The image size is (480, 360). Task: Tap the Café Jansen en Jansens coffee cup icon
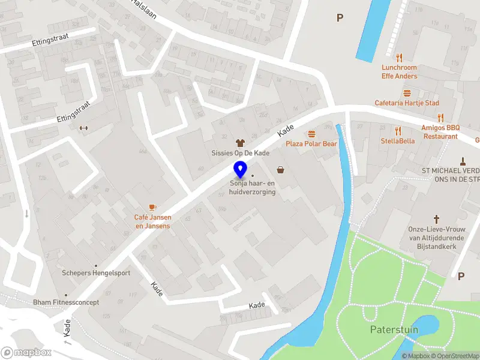pos(152,207)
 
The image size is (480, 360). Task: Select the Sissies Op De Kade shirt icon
pos(241,143)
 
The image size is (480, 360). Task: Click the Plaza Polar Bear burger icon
pos(311,134)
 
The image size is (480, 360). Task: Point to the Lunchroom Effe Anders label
pos(399,72)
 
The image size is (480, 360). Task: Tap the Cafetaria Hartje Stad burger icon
pos(407,93)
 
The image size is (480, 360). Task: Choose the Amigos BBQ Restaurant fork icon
pos(440,118)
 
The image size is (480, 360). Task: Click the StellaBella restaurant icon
pos(398,131)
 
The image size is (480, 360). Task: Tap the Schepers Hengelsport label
pos(96,273)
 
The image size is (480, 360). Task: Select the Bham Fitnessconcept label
pos(66,302)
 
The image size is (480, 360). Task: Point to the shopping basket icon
pos(280,170)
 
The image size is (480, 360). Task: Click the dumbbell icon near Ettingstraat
pos(83,127)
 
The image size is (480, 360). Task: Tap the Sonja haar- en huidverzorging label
pos(253,188)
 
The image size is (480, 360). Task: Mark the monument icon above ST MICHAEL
pos(463,161)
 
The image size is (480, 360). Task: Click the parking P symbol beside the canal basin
pos(340,18)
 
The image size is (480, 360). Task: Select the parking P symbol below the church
pos(461,276)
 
